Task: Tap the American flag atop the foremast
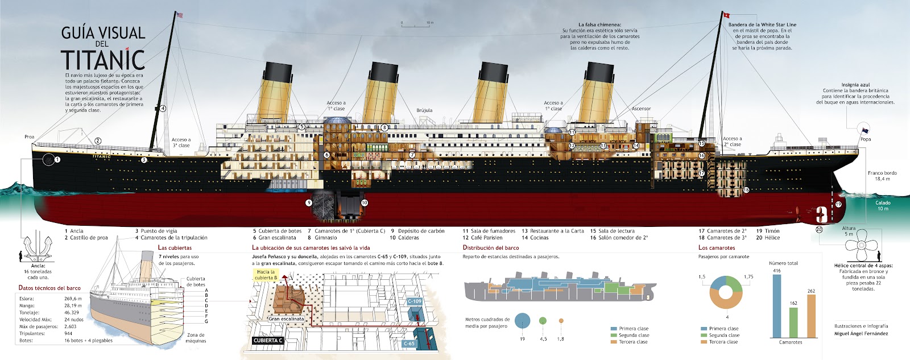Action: pyautogui.click(x=180, y=15)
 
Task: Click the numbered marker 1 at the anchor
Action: pyautogui.click(x=57, y=160)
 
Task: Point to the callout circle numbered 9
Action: pyautogui.click(x=309, y=202)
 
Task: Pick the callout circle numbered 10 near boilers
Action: pyautogui.click(x=364, y=202)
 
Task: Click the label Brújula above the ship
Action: pyautogui.click(x=424, y=110)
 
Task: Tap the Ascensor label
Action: pyautogui.click(x=641, y=109)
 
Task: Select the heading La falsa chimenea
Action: pyautogui.click(x=599, y=25)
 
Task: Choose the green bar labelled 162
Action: pyautogui.click(x=793, y=322)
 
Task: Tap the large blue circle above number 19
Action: pyautogui.click(x=522, y=321)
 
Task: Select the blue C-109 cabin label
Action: pyautogui.click(x=415, y=301)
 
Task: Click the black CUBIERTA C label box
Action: pyautogui.click(x=268, y=340)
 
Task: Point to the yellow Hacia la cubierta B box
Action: pyautogui.click(x=265, y=275)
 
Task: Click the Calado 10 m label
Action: pyautogui.click(x=883, y=205)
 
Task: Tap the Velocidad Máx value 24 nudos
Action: pyautogui.click(x=75, y=320)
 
